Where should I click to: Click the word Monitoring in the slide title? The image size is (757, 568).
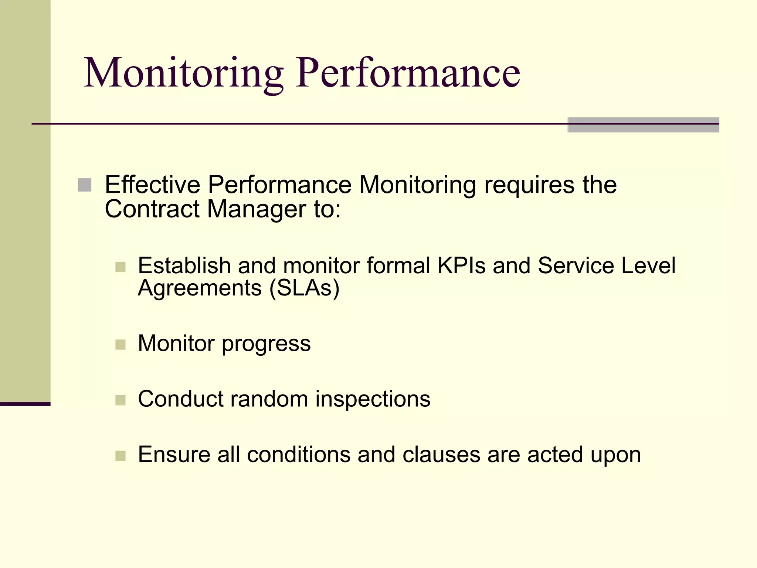coord(184,73)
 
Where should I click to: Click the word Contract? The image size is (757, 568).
coord(152,209)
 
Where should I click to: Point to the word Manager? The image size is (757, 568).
coord(257,210)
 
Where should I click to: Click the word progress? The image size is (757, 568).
coord(266,344)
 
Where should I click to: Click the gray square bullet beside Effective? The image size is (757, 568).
coord(85,185)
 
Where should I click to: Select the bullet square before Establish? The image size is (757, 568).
coord(120,267)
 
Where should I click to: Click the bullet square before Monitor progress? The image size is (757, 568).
coord(120,345)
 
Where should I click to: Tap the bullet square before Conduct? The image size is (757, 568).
coord(120,400)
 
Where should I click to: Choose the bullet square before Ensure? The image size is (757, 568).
coord(120,456)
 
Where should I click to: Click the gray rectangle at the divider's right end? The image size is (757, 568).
coord(643,125)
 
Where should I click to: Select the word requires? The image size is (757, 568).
coord(529,185)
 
